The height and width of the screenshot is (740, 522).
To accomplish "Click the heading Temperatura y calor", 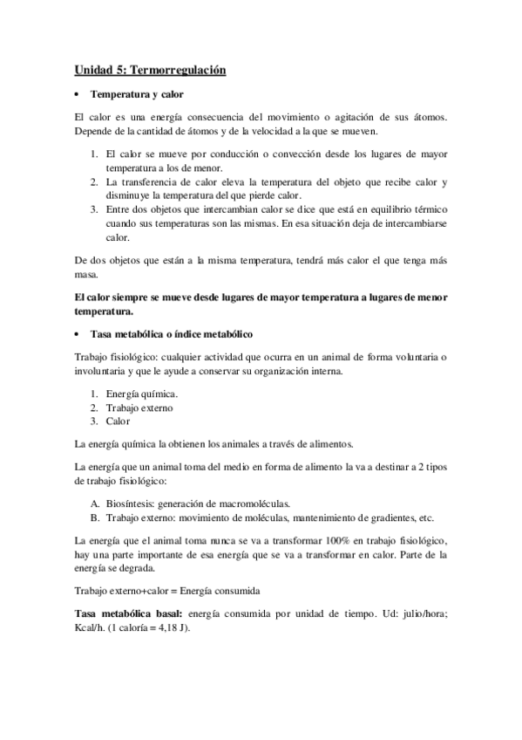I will point(136,92).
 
